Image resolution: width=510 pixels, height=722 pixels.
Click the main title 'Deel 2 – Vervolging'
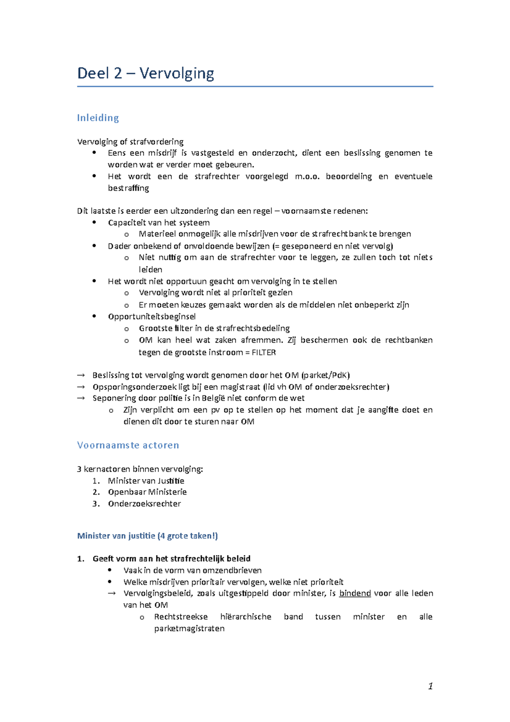click(x=145, y=74)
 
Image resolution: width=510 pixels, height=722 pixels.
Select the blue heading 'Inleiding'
click(x=98, y=118)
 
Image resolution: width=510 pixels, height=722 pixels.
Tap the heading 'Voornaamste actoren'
click(x=128, y=445)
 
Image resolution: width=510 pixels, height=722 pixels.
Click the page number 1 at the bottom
click(x=431, y=686)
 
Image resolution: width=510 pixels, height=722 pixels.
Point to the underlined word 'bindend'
click(x=355, y=593)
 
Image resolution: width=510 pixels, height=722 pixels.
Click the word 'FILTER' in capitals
click(x=263, y=352)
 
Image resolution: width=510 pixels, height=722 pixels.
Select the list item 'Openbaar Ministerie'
click(x=147, y=492)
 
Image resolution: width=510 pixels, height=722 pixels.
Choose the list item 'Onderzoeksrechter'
click(x=144, y=504)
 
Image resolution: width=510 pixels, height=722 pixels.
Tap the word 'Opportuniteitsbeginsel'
click(x=152, y=316)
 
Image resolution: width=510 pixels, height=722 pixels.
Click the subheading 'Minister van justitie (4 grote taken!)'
click(x=147, y=536)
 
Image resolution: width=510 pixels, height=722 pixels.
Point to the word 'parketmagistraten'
click(x=189, y=628)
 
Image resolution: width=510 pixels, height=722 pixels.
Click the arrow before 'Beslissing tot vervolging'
click(x=81, y=375)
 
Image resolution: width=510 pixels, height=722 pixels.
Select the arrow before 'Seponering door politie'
click(x=81, y=398)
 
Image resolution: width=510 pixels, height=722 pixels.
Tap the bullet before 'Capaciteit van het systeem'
click(x=94, y=222)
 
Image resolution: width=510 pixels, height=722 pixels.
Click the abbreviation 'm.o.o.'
click(x=307, y=176)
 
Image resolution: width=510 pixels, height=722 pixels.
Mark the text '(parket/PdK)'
click(x=326, y=375)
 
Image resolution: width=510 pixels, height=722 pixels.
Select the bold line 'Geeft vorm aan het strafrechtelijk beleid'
click(x=171, y=559)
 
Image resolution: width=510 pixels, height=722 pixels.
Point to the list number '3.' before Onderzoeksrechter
click(x=96, y=504)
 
